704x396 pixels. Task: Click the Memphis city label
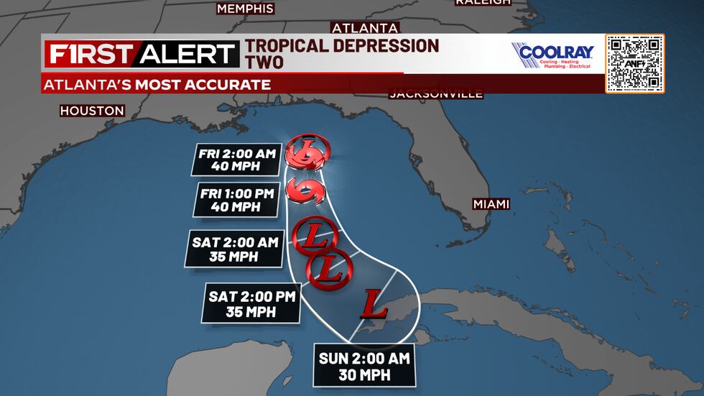pos(245,9)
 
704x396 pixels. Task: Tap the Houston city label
pos(92,111)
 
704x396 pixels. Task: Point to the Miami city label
pos(491,204)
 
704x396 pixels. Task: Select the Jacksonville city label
pos(436,94)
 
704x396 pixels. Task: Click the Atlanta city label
pos(365,28)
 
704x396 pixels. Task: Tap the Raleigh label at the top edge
pos(483,3)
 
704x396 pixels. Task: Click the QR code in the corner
pos(634,63)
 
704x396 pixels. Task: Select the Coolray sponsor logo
pos(552,55)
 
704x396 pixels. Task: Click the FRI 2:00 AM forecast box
pos(236,160)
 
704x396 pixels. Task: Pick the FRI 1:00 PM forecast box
pos(236,199)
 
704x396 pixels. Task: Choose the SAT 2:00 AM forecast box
pos(234,249)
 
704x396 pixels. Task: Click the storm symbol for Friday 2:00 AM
pos(308,152)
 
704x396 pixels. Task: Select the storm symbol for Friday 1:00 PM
pos(308,190)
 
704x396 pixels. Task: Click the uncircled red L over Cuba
pos(376,304)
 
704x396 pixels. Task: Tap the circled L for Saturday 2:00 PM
pos(330,270)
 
